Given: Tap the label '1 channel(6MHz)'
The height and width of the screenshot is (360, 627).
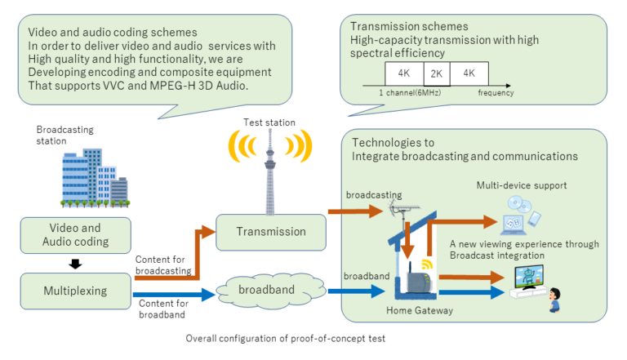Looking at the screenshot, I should pyautogui.click(x=407, y=93).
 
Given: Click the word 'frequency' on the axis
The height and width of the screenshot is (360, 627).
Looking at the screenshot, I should pyautogui.click(x=496, y=93).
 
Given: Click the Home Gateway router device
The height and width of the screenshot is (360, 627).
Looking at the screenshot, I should pyautogui.click(x=419, y=282).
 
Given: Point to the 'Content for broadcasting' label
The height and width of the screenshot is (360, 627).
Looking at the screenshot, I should pyautogui.click(x=163, y=264).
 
